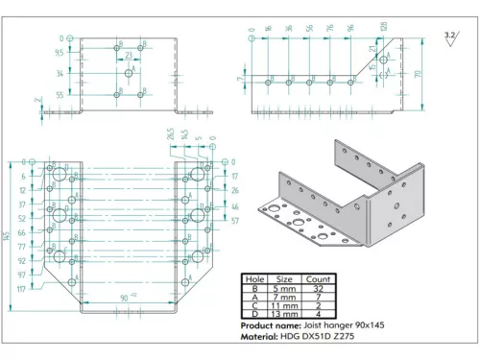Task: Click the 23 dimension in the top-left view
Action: click(129, 57)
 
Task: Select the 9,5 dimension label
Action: click(60, 53)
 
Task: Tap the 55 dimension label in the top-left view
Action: click(60, 95)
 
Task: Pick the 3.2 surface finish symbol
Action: click(450, 36)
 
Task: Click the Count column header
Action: click(318, 278)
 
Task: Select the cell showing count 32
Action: click(318, 288)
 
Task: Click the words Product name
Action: click(266, 326)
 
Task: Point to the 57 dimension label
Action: click(235, 220)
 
